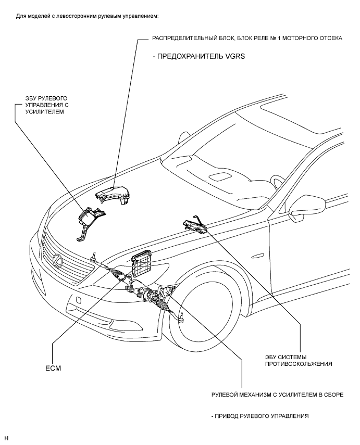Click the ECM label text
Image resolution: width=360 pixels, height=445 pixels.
[x=53, y=368]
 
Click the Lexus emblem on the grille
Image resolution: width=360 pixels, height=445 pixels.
[x=58, y=261]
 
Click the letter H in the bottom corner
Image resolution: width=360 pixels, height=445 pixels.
[x=7, y=438]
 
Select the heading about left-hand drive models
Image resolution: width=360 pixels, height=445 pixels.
[x=87, y=16]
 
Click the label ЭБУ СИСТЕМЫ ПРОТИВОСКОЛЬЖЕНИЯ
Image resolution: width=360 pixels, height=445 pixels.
[x=299, y=361]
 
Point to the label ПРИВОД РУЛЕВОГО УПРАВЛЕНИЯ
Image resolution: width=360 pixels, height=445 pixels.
[x=260, y=416]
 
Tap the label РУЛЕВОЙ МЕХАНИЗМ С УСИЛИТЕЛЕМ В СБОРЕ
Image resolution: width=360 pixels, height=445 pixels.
[x=277, y=395]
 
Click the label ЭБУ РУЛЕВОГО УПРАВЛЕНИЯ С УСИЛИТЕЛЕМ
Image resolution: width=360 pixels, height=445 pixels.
[x=46, y=105]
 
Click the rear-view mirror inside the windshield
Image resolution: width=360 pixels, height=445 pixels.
[x=220, y=177]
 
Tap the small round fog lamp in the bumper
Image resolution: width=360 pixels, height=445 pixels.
[x=78, y=300]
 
